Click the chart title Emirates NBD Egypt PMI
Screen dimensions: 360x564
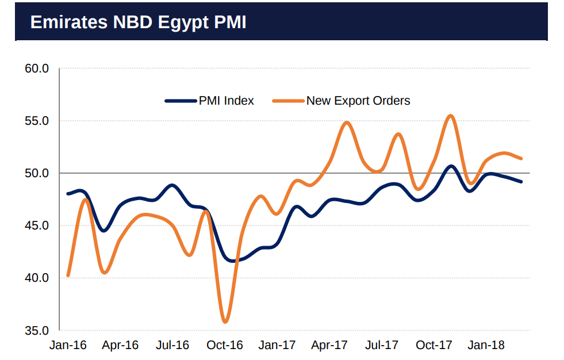tap(138, 22)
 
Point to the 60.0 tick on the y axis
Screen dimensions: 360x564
tap(37, 69)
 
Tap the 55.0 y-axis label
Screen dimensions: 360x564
tap(37, 121)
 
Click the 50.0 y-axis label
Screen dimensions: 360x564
tap(37, 173)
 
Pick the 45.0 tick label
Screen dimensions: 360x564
tap(37, 225)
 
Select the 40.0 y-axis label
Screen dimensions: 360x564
tap(37, 278)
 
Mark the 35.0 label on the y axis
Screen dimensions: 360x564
tap(37, 330)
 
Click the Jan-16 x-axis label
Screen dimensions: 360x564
tap(68, 345)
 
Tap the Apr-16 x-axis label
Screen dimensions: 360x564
tap(120, 345)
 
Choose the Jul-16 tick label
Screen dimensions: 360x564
tap(172, 345)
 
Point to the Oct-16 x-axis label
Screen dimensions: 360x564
tap(225, 345)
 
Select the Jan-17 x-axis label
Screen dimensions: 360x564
tap(277, 345)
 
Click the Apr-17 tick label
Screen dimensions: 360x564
tap(329, 345)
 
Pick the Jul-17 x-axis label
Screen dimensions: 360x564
tap(382, 345)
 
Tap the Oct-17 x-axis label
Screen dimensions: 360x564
tap(434, 345)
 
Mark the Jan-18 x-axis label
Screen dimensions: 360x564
tap(486, 345)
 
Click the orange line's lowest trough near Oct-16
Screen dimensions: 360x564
tap(225, 321)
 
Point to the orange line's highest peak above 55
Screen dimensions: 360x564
tap(451, 116)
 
